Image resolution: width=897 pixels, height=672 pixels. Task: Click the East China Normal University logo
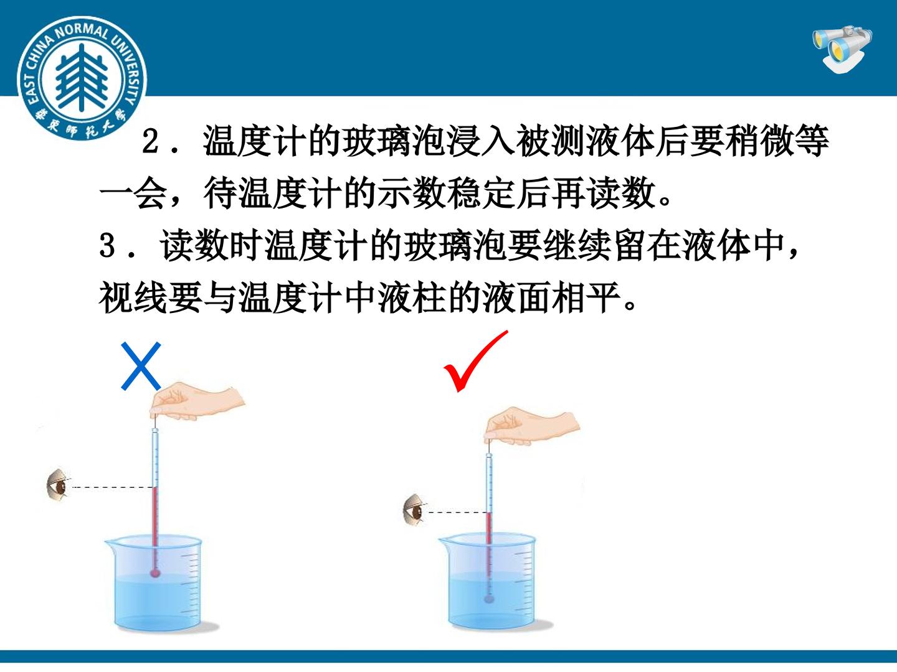point(82,78)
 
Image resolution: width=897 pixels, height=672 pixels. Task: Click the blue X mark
point(141,366)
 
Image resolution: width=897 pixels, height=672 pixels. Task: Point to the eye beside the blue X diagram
point(59,485)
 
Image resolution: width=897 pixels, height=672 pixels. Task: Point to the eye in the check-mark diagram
point(414,510)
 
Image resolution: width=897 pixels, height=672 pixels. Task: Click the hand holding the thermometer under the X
point(196,401)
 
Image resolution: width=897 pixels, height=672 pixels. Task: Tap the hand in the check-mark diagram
point(531,426)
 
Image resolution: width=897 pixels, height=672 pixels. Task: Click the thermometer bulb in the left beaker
point(155,573)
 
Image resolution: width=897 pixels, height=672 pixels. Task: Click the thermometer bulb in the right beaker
point(489,599)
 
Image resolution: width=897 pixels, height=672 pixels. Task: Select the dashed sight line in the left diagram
point(113,487)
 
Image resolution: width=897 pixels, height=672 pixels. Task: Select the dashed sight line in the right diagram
point(458,512)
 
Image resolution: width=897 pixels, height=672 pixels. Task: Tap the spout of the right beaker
point(445,542)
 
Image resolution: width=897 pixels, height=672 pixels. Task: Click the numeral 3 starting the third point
point(107,246)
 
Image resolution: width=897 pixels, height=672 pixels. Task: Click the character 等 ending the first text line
point(812,141)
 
